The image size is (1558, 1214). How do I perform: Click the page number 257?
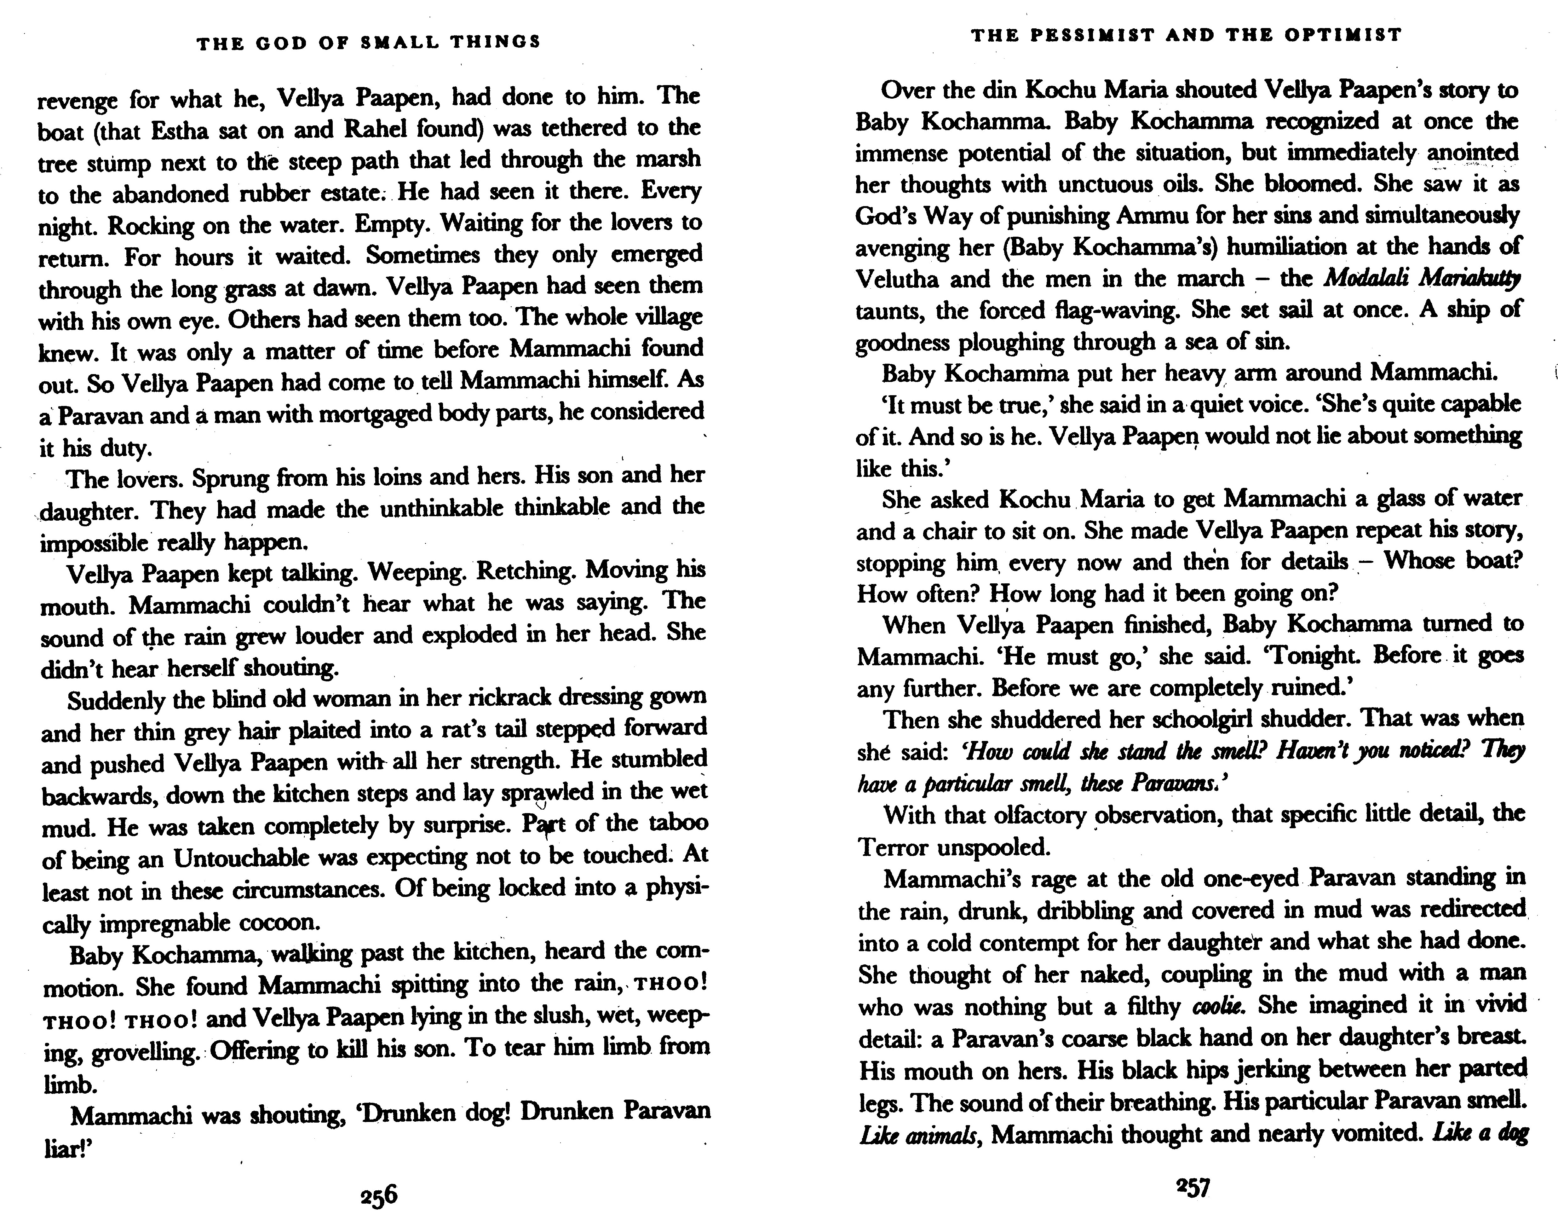pyautogui.click(x=1193, y=1186)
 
